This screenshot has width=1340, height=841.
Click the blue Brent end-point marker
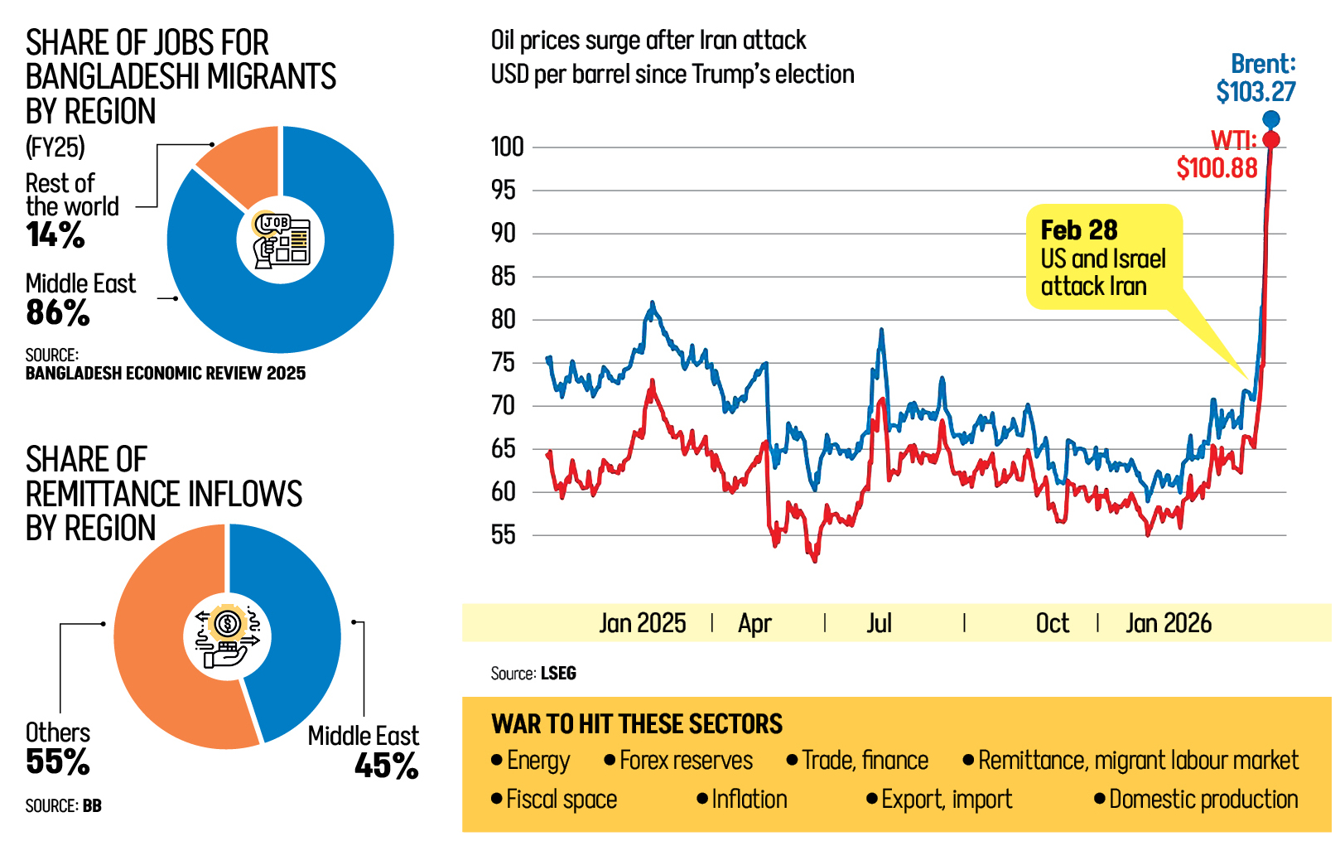(1271, 119)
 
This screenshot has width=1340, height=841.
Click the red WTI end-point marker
(1271, 139)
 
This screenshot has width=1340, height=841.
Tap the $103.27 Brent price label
(1256, 91)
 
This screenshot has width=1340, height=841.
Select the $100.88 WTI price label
(1217, 168)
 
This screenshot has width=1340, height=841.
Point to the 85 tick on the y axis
(504, 276)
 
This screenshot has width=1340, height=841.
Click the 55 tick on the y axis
(504, 535)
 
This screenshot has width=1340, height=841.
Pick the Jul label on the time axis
(879, 623)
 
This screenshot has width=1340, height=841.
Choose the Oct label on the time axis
(1052, 623)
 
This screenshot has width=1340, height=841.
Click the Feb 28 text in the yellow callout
(1078, 230)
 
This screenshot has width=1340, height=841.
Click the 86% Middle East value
(57, 313)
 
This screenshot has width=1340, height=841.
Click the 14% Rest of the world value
(55, 235)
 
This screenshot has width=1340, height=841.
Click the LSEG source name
(558, 674)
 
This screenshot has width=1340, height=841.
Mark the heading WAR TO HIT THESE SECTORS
(636, 724)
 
